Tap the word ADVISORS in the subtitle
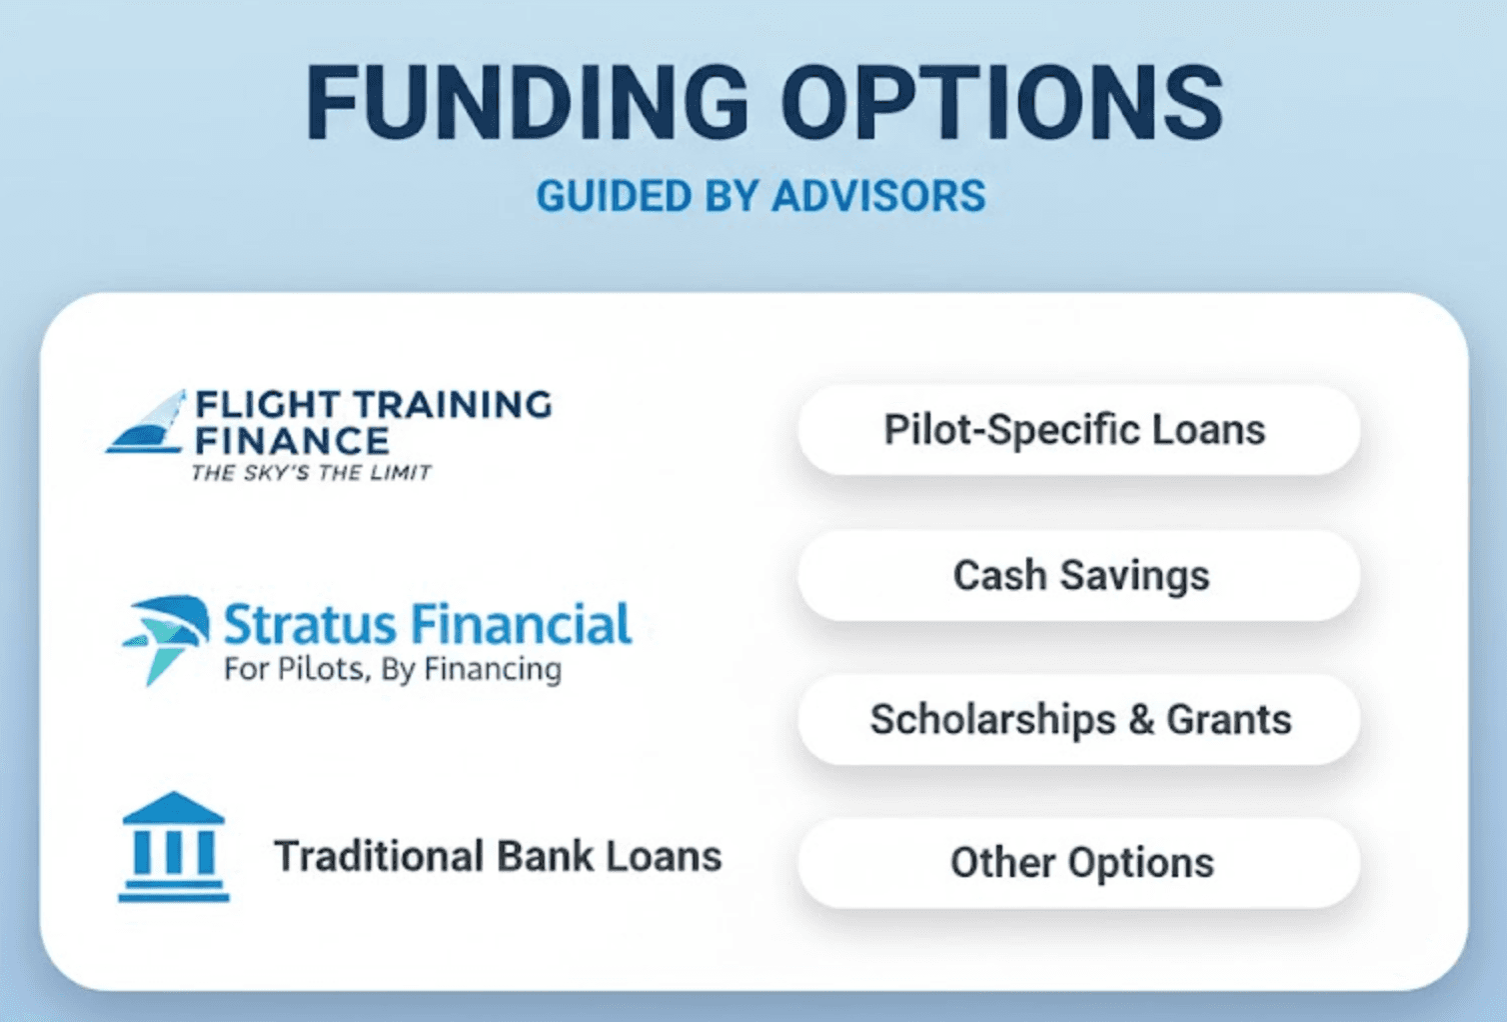pyautogui.click(x=878, y=196)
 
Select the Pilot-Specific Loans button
pyautogui.click(x=1077, y=430)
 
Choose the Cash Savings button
pyautogui.click(x=1079, y=576)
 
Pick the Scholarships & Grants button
pyautogui.click(x=1079, y=720)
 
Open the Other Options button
pyautogui.click(x=1079, y=863)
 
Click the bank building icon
pyautogui.click(x=174, y=847)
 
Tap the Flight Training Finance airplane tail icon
pyautogui.click(x=149, y=423)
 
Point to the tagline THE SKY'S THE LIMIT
pyautogui.click(x=311, y=473)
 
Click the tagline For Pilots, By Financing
pyautogui.click(x=392, y=669)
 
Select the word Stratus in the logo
pyautogui.click(x=309, y=625)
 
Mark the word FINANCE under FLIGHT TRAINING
pyautogui.click(x=291, y=441)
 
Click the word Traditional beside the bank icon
pyautogui.click(x=379, y=857)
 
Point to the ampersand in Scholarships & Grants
pyautogui.click(x=1140, y=720)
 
